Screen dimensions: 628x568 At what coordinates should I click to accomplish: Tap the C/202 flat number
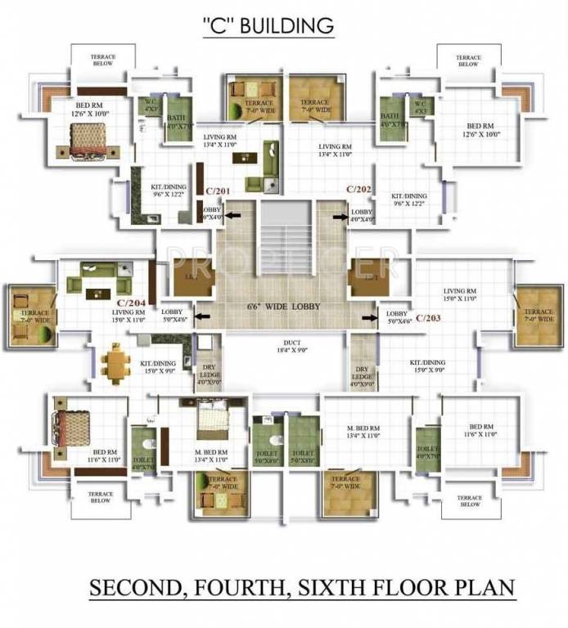[358, 189]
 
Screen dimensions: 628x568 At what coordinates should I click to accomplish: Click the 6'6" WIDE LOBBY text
[283, 307]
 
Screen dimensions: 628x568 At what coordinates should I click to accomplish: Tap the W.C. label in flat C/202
[419, 106]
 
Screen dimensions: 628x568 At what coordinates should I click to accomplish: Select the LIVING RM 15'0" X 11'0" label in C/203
[459, 295]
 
